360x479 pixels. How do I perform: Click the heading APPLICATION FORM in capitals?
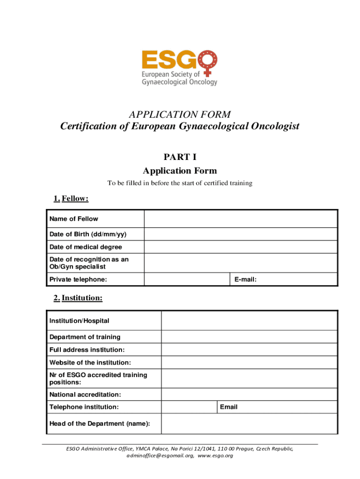point(180,115)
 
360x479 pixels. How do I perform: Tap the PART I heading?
point(180,157)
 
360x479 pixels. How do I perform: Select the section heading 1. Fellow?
point(71,198)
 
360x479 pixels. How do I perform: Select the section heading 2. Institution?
point(78,298)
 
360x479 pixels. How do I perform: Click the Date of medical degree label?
point(86,247)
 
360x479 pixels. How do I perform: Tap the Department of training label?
point(85,337)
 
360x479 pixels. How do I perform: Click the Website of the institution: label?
point(90,363)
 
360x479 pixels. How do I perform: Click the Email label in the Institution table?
point(229,407)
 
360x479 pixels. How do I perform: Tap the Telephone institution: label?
point(84,407)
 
